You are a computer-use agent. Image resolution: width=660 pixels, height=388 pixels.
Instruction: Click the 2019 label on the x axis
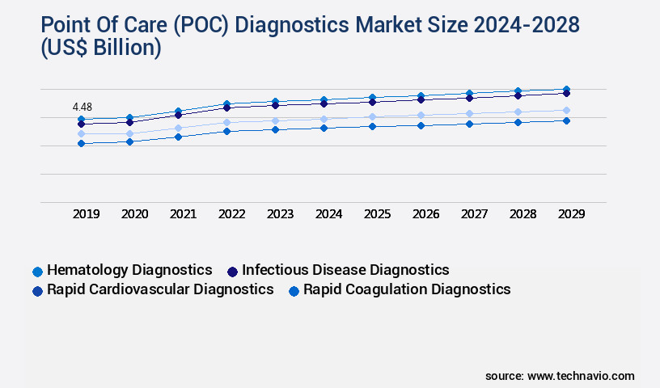pyautogui.click(x=86, y=214)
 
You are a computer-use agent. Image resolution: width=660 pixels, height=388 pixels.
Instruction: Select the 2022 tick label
pyautogui.click(x=231, y=214)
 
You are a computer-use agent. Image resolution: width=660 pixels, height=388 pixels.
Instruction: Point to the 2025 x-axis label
pyautogui.click(x=377, y=214)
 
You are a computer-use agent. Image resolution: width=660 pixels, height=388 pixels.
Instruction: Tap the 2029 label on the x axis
pyautogui.click(x=571, y=214)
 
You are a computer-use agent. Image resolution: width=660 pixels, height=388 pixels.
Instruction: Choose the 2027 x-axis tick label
pyautogui.click(x=474, y=214)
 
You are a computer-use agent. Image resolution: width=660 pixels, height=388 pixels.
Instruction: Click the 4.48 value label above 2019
pyautogui.click(x=82, y=107)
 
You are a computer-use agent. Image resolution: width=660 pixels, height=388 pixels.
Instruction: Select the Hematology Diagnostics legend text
pyautogui.click(x=129, y=270)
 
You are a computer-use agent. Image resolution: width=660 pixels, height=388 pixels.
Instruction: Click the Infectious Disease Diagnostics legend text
pyautogui.click(x=345, y=270)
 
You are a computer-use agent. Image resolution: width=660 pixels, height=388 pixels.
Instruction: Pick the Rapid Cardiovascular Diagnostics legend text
pyautogui.click(x=160, y=289)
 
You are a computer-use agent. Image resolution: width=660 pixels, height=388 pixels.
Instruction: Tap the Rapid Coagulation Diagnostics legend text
pyautogui.click(x=407, y=289)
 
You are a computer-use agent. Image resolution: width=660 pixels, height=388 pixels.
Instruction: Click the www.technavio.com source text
pyautogui.click(x=581, y=376)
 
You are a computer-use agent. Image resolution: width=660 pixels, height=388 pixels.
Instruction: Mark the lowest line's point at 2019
pyautogui.click(x=81, y=144)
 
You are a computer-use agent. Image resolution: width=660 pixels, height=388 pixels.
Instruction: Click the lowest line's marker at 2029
pyautogui.click(x=566, y=120)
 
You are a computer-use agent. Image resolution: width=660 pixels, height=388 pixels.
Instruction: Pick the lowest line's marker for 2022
pyautogui.click(x=226, y=131)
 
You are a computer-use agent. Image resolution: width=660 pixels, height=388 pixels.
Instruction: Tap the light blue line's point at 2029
pyautogui.click(x=566, y=110)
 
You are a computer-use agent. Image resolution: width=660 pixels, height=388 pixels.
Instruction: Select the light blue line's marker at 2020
pyautogui.click(x=129, y=134)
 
